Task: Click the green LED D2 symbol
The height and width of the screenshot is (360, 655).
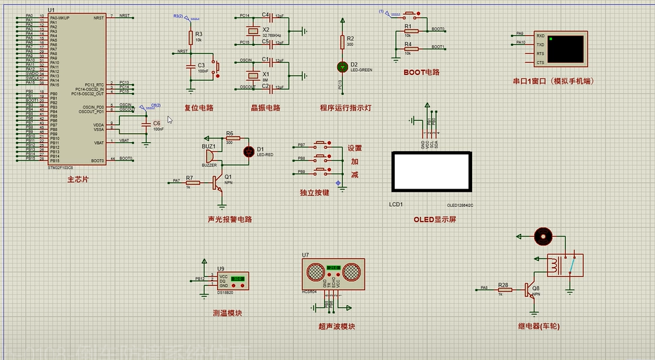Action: click(x=342, y=66)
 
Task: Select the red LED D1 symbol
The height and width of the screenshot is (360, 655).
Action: click(x=249, y=151)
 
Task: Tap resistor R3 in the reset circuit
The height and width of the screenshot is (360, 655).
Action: click(x=191, y=37)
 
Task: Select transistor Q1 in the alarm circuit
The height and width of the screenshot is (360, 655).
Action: click(x=221, y=181)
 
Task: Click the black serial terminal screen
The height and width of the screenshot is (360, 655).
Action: click(x=565, y=49)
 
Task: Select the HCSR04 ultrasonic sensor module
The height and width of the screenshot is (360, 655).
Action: click(x=333, y=271)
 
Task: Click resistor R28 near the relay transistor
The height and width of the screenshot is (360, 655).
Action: click(x=504, y=289)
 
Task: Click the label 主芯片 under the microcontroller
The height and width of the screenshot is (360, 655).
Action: click(x=78, y=180)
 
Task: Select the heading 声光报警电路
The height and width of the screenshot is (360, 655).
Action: click(x=229, y=219)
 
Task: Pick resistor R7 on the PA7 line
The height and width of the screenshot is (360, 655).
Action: click(x=192, y=182)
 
